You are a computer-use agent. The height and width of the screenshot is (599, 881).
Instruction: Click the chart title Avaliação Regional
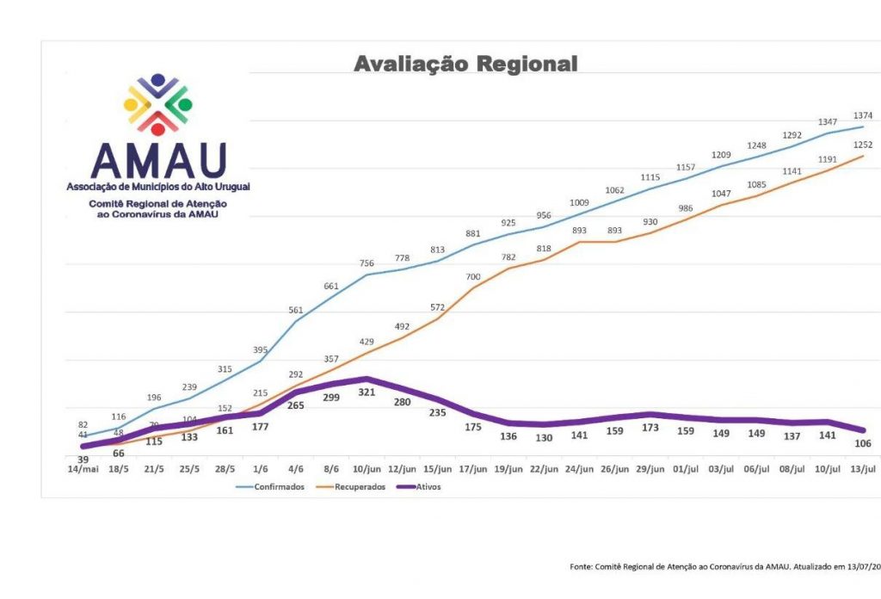click(465, 65)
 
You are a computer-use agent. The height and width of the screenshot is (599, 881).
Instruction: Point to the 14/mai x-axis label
click(83, 470)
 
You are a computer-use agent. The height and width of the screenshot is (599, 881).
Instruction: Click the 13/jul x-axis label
click(862, 470)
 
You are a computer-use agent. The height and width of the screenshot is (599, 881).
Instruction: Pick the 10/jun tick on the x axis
click(367, 470)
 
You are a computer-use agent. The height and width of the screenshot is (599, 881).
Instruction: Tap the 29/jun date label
click(650, 470)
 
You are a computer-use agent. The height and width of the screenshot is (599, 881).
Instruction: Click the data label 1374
click(862, 115)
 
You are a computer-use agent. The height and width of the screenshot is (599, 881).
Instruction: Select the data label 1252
click(862, 145)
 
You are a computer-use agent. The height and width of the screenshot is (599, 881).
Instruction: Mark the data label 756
click(367, 264)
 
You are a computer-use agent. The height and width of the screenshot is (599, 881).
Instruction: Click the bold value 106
click(862, 443)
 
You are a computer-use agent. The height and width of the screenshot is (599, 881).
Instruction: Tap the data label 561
click(296, 311)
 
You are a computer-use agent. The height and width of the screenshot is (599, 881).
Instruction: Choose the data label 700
click(473, 277)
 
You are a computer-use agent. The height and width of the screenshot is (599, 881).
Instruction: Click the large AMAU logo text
click(158, 160)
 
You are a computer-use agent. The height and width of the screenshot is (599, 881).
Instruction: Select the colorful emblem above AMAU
click(158, 104)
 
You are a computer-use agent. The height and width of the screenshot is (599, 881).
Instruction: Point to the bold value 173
click(650, 428)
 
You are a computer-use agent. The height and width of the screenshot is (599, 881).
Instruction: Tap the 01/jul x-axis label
click(686, 470)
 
